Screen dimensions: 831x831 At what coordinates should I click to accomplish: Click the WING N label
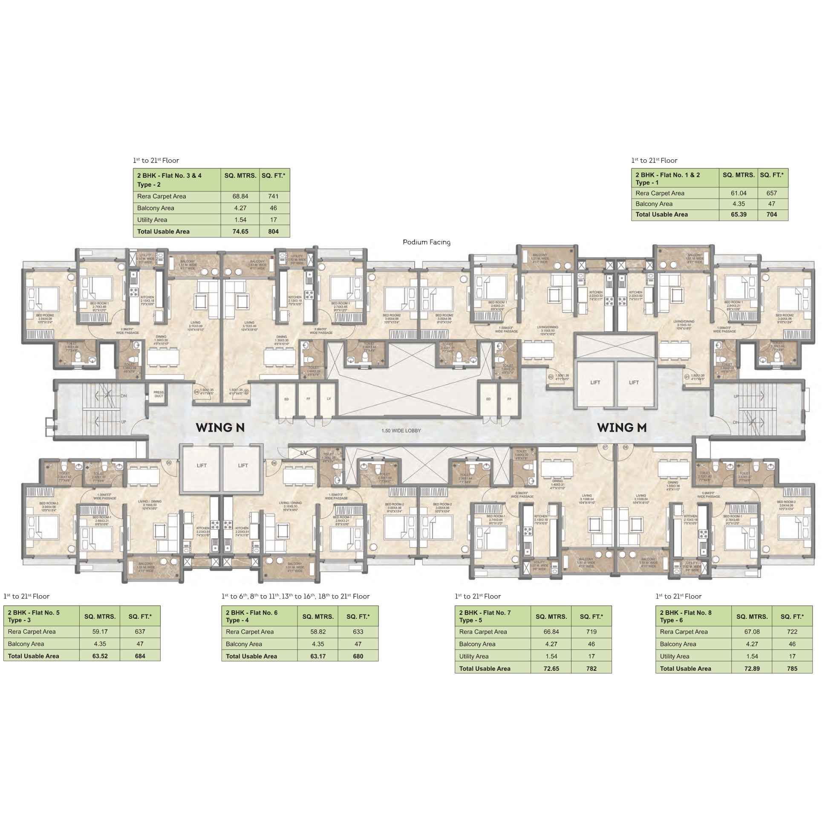point(220,427)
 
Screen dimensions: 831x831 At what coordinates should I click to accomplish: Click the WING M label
point(621,427)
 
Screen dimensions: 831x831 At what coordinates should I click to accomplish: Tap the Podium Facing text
point(426,242)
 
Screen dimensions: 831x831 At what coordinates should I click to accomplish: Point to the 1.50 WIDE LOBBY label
point(401,430)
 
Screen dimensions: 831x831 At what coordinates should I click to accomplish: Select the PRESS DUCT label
point(159,394)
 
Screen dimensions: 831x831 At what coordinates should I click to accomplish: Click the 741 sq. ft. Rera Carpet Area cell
point(273,196)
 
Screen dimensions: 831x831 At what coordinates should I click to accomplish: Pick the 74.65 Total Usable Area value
point(240,231)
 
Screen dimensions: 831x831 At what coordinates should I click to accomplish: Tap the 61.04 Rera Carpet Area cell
point(739,193)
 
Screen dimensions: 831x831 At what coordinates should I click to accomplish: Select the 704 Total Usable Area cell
point(772,215)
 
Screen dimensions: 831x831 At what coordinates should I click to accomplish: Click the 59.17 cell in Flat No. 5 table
point(100,632)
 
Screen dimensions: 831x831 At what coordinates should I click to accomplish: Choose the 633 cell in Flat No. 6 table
point(358,632)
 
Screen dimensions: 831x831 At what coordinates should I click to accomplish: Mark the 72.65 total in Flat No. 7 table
point(551,668)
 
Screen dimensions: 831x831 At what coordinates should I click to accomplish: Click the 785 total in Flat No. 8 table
point(792,668)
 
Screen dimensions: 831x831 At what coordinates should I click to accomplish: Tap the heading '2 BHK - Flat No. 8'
point(686,612)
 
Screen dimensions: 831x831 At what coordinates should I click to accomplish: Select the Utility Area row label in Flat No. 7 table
point(473,656)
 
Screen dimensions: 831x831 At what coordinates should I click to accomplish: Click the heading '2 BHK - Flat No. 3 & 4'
point(169,176)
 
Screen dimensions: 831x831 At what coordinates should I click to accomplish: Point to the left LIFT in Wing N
point(201,465)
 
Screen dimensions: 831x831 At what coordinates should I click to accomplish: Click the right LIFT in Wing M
point(634,382)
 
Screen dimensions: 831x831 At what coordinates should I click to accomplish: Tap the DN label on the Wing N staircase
point(124,396)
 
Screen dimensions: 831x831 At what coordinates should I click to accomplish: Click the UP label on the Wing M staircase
point(736,396)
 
